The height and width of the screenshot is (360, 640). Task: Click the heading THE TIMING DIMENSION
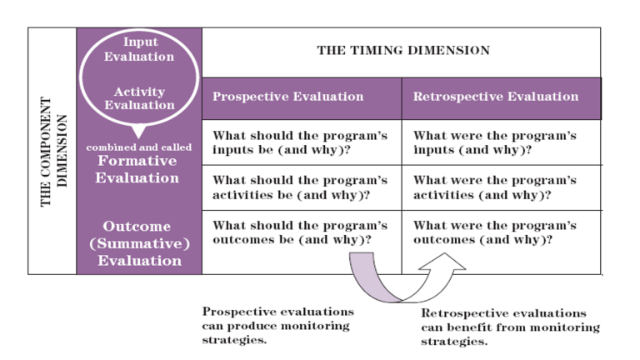(x=402, y=51)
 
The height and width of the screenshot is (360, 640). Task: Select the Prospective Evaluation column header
(x=287, y=97)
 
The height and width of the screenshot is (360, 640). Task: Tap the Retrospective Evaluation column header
(x=495, y=97)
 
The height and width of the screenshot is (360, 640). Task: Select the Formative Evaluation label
(x=138, y=169)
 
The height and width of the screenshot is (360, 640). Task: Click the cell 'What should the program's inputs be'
(x=300, y=142)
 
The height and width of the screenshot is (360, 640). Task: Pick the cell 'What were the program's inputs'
(x=495, y=142)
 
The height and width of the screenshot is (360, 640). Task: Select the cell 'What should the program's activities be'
(x=300, y=187)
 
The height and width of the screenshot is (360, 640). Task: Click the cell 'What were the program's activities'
(x=495, y=187)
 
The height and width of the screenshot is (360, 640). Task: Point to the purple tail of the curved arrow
(x=363, y=271)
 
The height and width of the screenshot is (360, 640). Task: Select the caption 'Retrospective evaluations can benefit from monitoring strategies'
(x=509, y=327)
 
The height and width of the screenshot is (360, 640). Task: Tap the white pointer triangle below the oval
(x=138, y=131)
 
